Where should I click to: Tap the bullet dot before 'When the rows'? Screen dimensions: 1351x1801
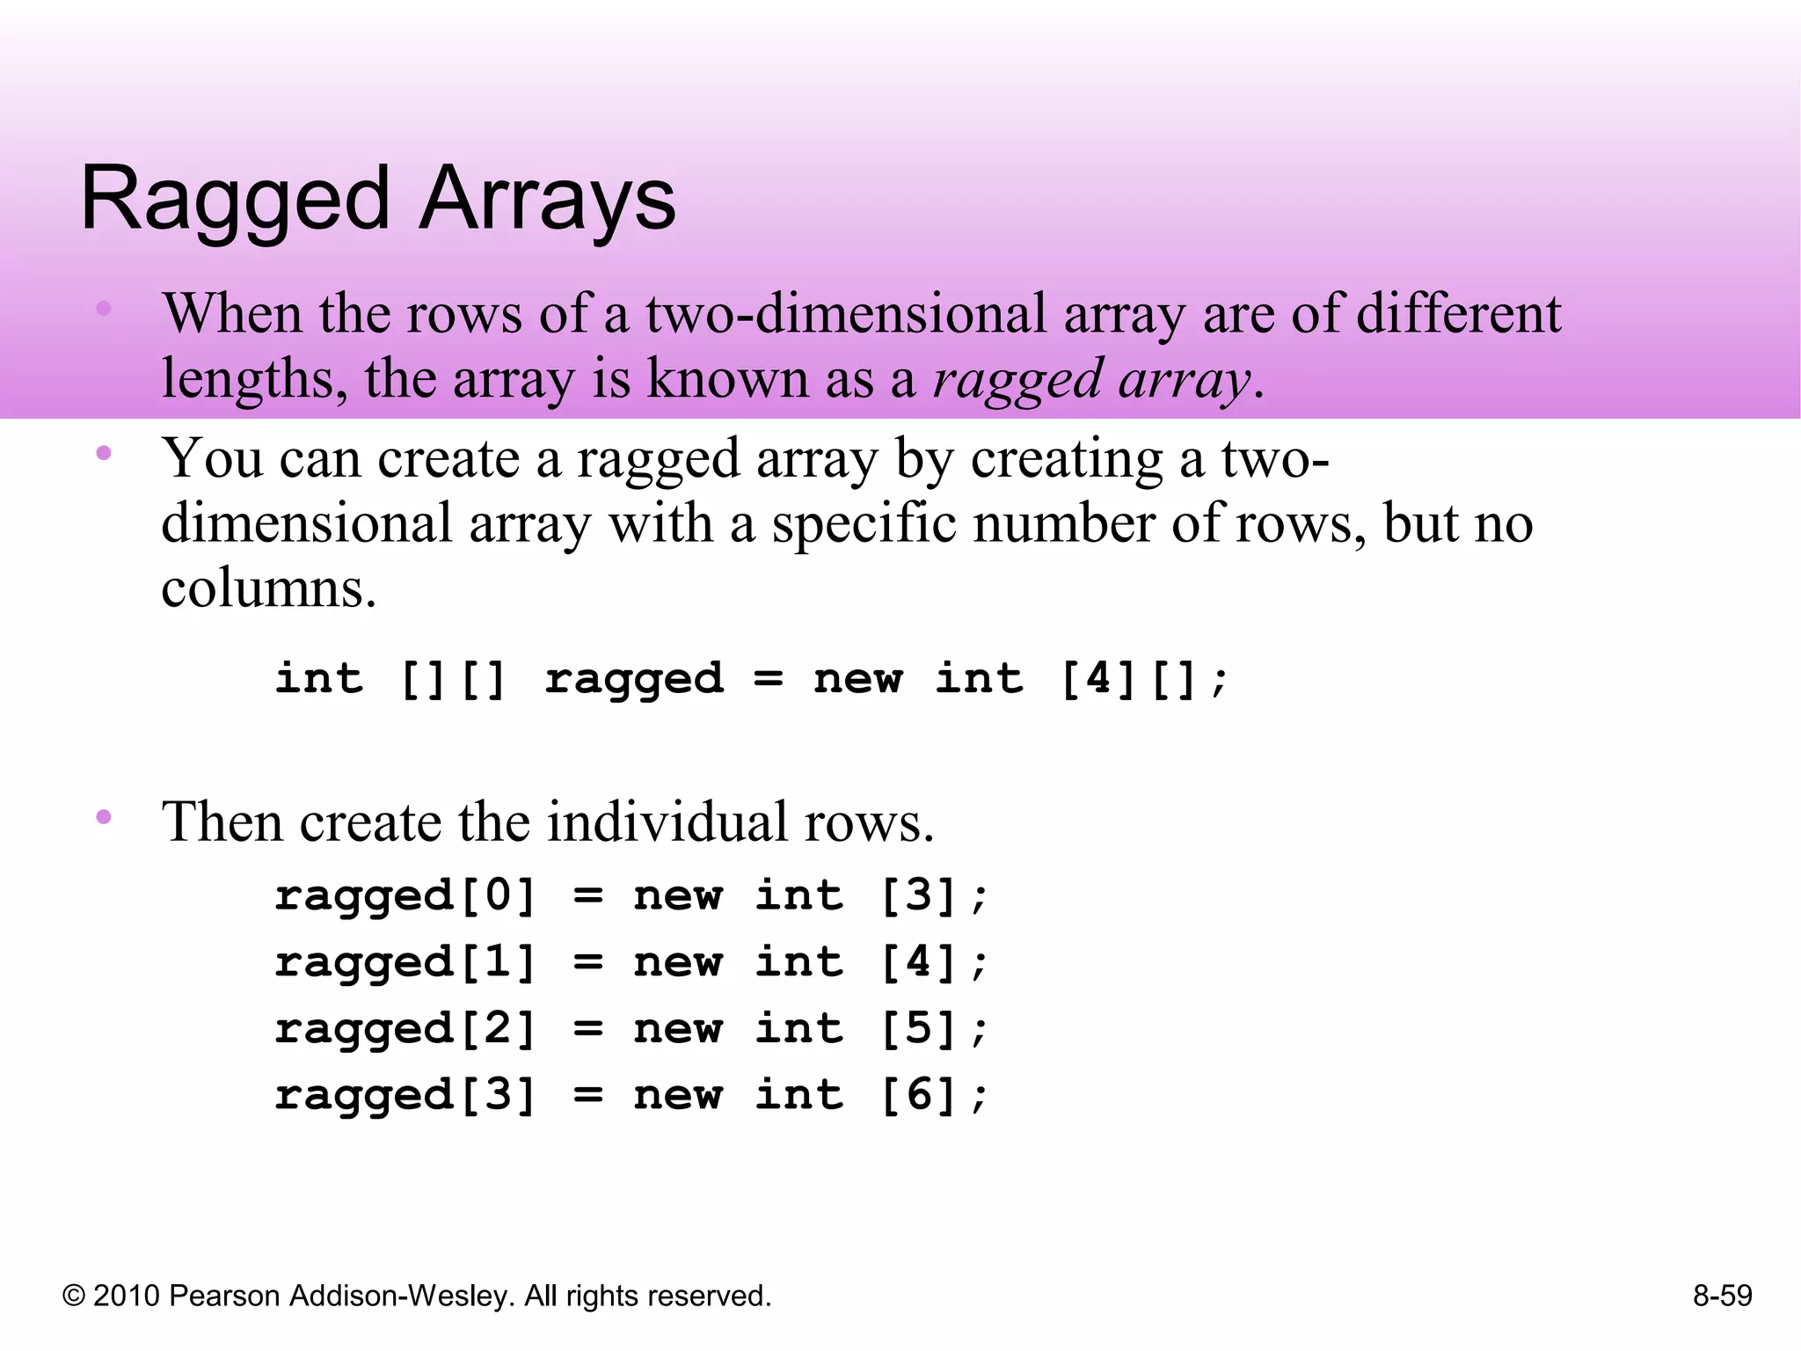[104, 308]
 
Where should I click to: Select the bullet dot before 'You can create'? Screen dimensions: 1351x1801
[104, 454]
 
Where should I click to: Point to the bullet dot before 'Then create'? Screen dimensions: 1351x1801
[104, 817]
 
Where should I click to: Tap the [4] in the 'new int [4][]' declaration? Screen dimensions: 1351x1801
[1098, 679]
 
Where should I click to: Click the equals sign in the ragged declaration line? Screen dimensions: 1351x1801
[768, 679]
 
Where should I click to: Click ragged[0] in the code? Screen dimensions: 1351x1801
[405, 896]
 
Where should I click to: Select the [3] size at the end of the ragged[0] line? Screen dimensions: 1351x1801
[918, 896]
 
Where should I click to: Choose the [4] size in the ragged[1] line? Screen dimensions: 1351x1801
[918, 962]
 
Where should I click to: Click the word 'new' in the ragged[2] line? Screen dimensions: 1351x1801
[678, 1029]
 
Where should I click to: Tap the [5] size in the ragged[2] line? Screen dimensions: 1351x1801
[918, 1029]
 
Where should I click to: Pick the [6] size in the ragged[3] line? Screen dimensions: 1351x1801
[918, 1096]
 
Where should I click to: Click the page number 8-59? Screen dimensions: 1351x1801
[1722, 1296]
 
